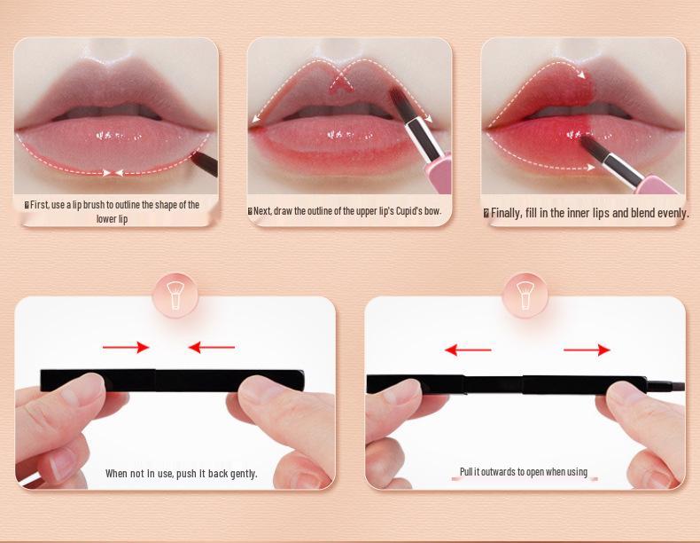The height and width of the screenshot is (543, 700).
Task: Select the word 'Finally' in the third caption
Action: [506, 213]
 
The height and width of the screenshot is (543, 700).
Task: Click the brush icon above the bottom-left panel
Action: [175, 295]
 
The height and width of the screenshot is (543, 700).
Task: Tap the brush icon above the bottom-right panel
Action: [525, 295]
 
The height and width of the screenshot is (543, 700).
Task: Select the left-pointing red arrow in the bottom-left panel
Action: [212, 348]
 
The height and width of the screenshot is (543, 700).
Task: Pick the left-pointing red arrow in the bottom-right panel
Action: [468, 350]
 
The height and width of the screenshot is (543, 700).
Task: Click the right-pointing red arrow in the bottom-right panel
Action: [587, 350]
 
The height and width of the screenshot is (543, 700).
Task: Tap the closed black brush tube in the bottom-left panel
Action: [173, 380]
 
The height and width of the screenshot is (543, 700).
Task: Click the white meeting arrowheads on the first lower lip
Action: [113, 172]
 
